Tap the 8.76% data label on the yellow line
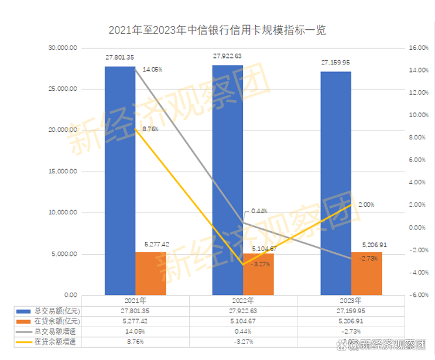point(150,130)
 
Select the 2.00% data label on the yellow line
point(365,205)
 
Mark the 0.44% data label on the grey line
point(259,211)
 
